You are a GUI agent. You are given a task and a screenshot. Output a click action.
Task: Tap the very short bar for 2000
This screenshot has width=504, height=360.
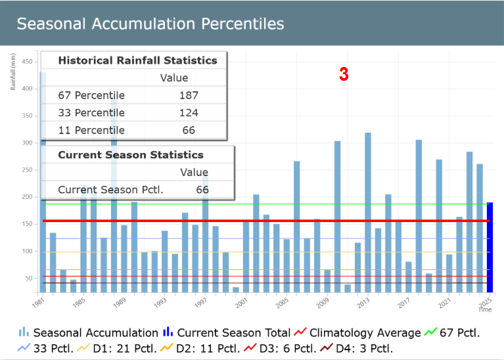(x=236, y=289)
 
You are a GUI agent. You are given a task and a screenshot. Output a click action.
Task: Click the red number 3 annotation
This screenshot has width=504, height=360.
(x=344, y=75)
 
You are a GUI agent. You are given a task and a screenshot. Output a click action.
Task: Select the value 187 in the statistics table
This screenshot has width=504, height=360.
(x=189, y=95)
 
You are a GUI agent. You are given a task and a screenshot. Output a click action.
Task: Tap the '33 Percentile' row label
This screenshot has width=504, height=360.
(x=91, y=112)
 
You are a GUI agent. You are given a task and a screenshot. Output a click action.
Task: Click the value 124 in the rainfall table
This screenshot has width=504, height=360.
(x=189, y=112)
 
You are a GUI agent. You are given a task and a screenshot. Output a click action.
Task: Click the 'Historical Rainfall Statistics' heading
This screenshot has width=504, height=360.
(x=137, y=60)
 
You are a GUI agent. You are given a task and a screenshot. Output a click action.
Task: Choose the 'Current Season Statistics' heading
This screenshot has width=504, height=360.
(x=131, y=155)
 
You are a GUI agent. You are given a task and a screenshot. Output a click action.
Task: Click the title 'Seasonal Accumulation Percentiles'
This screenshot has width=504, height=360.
(x=150, y=24)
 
